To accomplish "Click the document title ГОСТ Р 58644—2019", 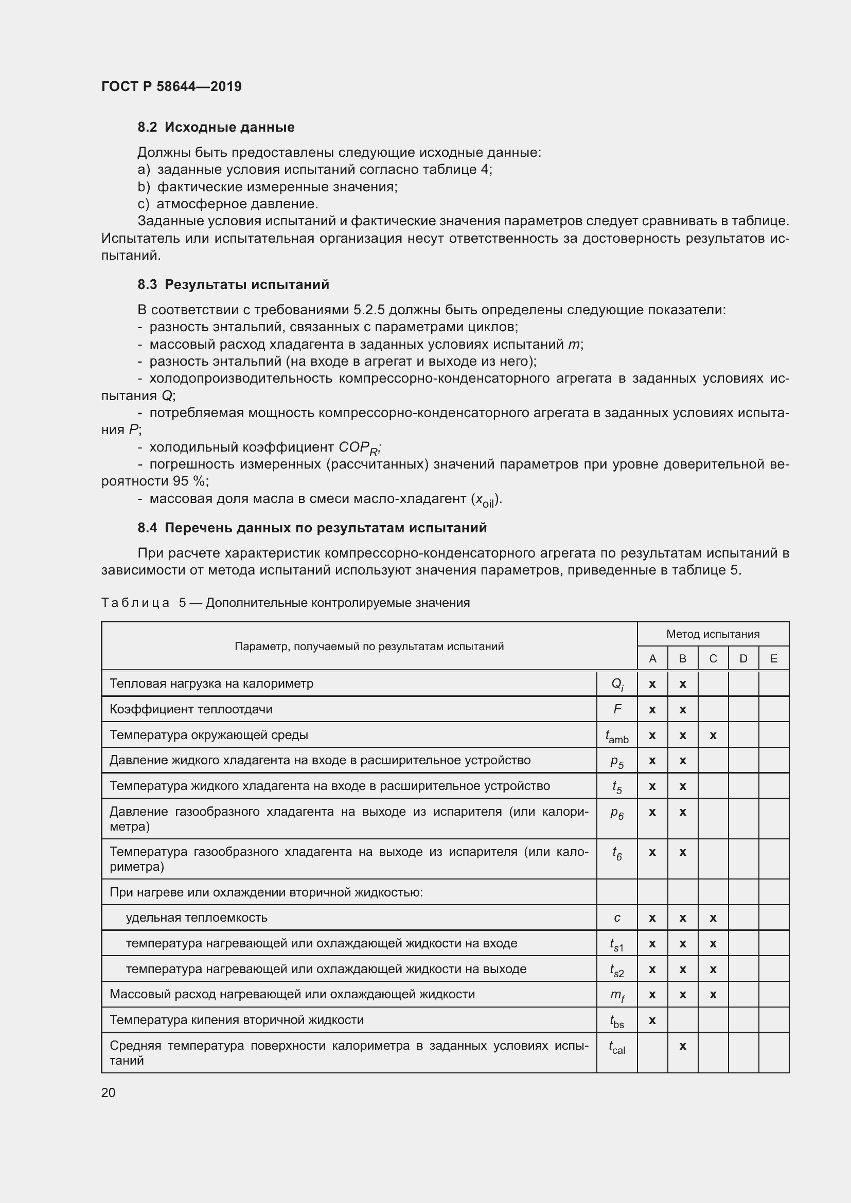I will click(171, 86).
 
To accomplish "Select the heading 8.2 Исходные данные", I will click(216, 127).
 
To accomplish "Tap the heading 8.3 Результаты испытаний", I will click(233, 284).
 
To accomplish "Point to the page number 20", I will click(108, 1092).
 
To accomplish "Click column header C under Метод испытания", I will click(713, 659).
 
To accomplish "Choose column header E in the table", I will click(773, 659).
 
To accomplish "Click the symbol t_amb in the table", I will click(617, 737).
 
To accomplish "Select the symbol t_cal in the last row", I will click(617, 1047).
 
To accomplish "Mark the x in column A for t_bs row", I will click(652, 1020).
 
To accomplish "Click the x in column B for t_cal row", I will click(683, 1046).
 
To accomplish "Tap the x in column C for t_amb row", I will click(713, 735).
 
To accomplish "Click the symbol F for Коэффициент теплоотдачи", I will click(617, 709).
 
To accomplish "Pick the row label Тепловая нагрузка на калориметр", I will click(211, 683).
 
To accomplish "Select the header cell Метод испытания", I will click(713, 634).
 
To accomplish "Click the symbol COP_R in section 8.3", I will click(359, 448).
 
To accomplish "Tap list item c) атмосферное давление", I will click(228, 204).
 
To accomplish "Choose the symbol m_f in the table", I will click(617, 995).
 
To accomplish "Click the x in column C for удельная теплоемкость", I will click(713, 918).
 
